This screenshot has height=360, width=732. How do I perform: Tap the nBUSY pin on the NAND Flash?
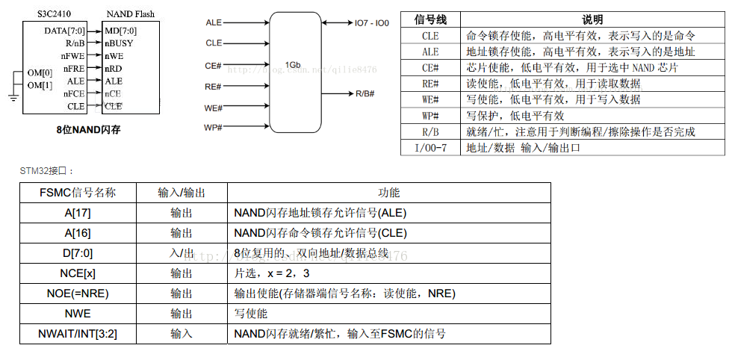120,43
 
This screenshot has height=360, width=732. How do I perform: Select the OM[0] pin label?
40,72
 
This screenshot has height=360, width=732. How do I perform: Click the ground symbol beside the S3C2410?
13,96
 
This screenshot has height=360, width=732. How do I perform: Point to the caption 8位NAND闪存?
88,129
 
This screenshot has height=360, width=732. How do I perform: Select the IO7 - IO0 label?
372,23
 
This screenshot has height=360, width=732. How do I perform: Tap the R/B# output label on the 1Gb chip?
365,93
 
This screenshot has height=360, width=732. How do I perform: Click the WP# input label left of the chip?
214,128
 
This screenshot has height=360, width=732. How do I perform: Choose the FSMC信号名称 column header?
77,193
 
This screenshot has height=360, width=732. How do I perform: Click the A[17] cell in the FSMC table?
77,213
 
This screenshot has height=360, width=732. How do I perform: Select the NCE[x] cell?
77,273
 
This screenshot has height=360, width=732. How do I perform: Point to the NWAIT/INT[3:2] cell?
77,334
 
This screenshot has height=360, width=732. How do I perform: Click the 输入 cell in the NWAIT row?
182,334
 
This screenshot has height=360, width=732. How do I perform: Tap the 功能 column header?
389,193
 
